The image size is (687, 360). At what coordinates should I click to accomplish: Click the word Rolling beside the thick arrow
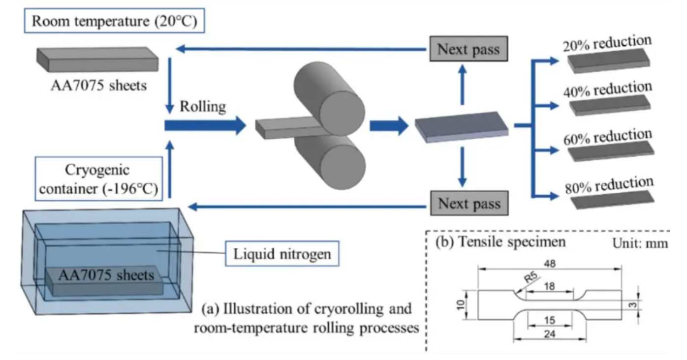tap(203, 107)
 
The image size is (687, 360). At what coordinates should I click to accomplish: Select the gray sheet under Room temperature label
tap(97, 60)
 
